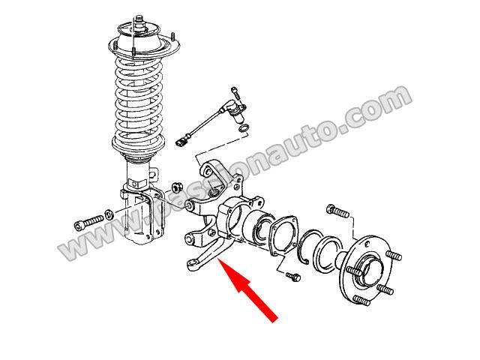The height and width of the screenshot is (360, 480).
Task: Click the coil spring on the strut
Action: [139, 104]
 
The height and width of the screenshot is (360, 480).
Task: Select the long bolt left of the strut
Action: [88, 222]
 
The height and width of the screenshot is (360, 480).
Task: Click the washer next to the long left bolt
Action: [109, 214]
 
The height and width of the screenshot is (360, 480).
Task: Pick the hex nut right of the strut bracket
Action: [177, 186]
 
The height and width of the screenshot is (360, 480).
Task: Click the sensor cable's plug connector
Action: [181, 142]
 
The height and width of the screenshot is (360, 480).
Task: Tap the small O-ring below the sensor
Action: [244, 128]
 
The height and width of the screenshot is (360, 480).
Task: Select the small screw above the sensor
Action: [235, 92]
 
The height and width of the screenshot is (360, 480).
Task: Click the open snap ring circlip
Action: [310, 245]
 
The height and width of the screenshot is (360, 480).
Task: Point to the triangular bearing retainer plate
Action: [283, 235]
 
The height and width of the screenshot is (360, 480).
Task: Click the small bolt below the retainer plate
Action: [293, 277]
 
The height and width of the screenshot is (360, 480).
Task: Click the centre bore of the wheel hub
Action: [370, 268]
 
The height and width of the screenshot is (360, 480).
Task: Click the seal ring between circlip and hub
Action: [328, 253]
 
